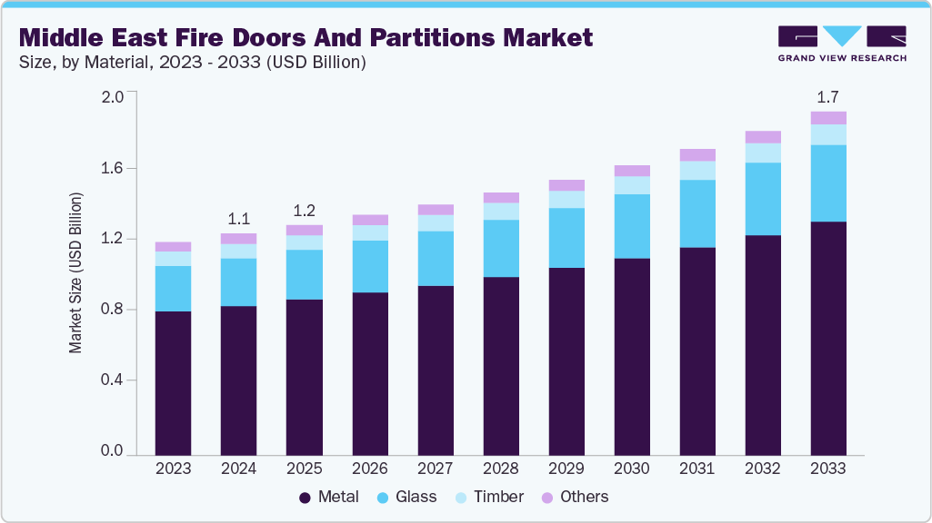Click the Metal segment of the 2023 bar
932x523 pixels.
point(173,382)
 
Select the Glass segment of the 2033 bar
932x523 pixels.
point(828,183)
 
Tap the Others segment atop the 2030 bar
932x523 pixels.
point(632,171)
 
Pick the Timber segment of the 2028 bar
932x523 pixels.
point(501,211)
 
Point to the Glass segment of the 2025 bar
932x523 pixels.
point(304,274)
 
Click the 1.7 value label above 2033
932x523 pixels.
point(828,95)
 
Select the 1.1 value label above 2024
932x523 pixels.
point(238,218)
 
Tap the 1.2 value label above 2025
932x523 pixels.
point(304,210)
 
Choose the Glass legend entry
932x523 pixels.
point(406,497)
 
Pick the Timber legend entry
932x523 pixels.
point(488,497)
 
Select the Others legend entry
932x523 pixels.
point(575,497)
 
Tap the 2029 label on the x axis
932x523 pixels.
point(566,469)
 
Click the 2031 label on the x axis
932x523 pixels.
point(697,469)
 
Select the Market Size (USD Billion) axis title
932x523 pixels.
point(76,273)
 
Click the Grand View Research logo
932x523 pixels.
point(842,44)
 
